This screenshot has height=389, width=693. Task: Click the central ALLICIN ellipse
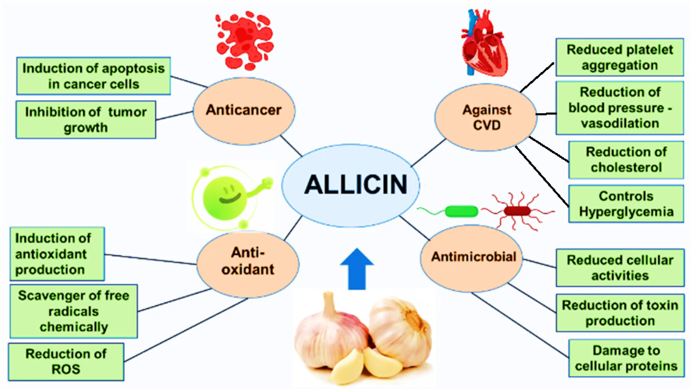351,185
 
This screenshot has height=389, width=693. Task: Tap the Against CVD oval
486,117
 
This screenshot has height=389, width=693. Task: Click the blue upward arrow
357,269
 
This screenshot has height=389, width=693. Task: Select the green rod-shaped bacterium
461,211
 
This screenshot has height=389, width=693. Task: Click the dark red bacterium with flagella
517,211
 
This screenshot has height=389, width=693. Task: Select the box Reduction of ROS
66,362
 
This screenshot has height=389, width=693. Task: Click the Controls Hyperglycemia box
626,204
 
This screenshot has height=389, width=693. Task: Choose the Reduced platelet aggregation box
620,57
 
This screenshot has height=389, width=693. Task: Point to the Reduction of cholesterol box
626,160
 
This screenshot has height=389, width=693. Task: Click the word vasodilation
620,124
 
